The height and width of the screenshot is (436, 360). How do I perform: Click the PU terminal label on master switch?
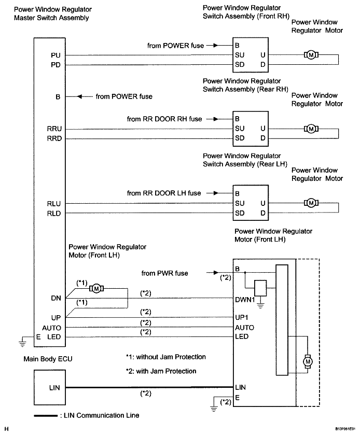click(56, 55)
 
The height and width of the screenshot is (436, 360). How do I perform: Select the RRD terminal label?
click(54, 138)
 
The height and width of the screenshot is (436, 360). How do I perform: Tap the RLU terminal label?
click(54, 204)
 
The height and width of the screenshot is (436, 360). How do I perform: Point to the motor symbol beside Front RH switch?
click(311, 55)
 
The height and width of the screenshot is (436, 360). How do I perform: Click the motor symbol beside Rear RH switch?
click(311, 129)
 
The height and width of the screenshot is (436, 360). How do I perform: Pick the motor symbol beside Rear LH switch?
click(311, 203)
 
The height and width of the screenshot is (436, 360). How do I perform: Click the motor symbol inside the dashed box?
click(308, 361)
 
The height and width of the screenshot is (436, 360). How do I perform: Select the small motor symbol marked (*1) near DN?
click(96, 289)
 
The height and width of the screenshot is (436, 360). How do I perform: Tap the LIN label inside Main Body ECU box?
click(54, 388)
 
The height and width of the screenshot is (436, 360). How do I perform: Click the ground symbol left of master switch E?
click(22, 343)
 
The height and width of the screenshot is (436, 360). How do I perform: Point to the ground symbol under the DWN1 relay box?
click(260, 305)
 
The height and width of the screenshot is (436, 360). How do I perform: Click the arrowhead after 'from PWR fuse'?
click(216, 273)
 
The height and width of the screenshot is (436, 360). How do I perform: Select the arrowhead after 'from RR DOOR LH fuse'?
click(216, 193)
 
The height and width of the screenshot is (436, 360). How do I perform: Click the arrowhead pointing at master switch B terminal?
click(79, 96)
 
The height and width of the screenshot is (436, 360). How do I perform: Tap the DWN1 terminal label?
click(245, 300)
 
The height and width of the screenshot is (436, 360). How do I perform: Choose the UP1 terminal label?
click(242, 317)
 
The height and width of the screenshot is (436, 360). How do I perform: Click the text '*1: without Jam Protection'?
click(166, 357)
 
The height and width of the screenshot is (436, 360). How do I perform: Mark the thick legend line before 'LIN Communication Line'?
click(46, 416)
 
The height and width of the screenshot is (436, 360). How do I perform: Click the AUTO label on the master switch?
click(51, 328)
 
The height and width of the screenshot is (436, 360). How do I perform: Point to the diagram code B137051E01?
click(345, 429)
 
